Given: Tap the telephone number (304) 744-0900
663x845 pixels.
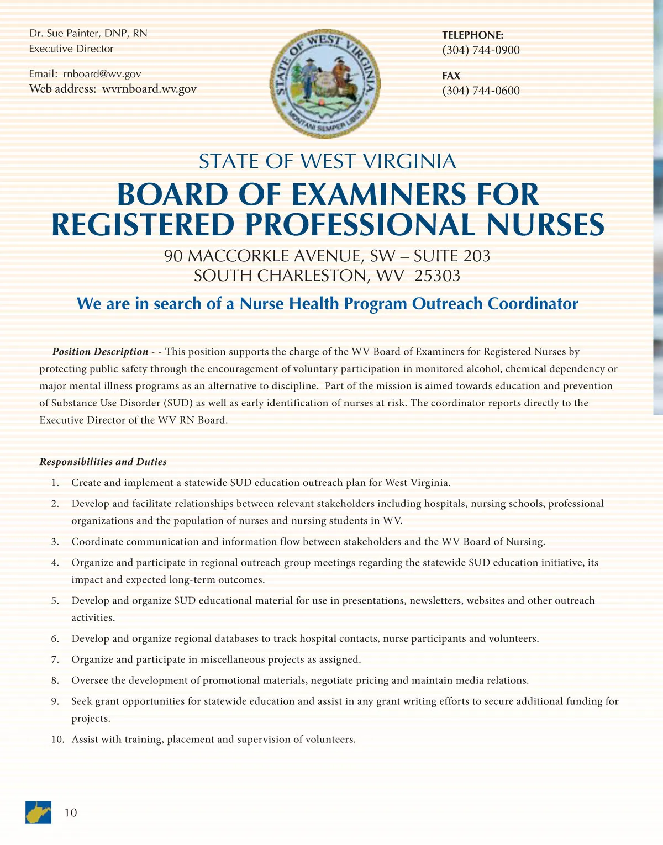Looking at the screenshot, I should pos(481,50).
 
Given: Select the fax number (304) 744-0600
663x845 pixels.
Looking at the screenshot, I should pos(481,91).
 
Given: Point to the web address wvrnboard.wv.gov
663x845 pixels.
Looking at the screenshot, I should pos(149,89).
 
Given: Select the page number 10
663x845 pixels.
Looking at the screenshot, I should pos(71,812).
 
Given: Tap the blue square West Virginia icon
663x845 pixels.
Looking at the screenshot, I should pos(38,812).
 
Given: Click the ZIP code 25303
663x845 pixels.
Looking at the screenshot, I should pos(437,276).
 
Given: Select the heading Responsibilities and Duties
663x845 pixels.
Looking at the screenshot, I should pos(103,462).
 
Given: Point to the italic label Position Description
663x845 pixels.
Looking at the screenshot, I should pos(100,352).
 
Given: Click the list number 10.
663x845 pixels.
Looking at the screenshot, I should pos(58,740).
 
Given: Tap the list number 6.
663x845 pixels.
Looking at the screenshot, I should pos(55,639).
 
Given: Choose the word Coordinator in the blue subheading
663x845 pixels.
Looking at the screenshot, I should pos(533,304).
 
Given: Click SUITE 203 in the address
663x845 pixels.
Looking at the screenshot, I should pos(451,256).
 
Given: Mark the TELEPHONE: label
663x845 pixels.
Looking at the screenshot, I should pos(472,35).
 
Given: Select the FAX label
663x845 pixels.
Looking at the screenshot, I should pos(451,76).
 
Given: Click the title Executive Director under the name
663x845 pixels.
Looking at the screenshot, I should pos(71,49).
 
